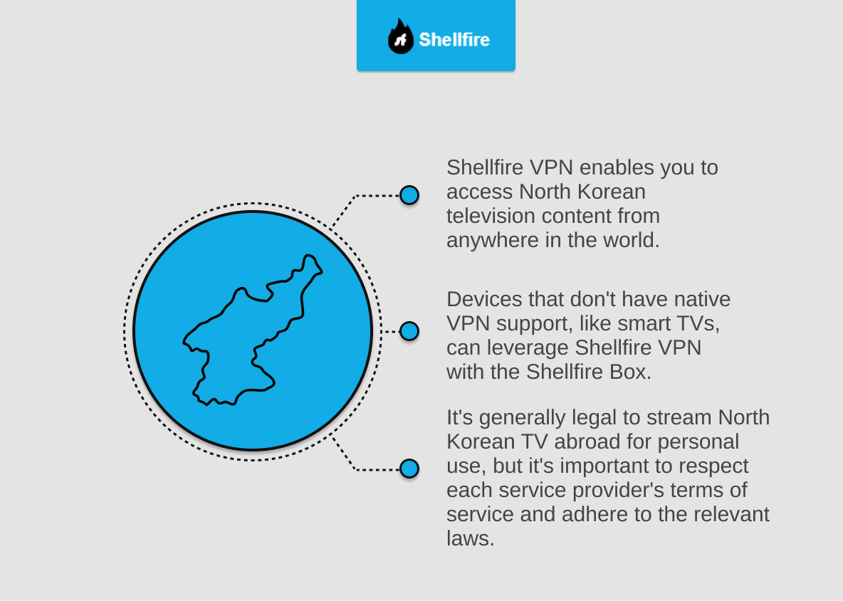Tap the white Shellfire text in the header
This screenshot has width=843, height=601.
[454, 39]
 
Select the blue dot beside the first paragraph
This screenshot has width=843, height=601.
[409, 195]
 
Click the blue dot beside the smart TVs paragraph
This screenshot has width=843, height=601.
[409, 331]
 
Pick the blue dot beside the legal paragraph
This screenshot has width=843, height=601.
[409, 469]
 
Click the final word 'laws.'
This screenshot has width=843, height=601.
[471, 538]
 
